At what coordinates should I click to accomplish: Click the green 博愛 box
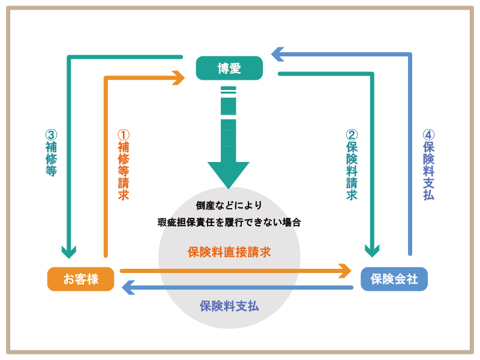229,68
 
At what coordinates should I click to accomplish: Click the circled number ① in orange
123,134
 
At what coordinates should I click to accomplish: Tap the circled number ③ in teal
51,135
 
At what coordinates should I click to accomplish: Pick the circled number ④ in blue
428,135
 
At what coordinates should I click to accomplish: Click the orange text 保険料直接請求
229,252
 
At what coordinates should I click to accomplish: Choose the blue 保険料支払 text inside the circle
229,305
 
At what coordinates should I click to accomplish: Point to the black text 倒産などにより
229,205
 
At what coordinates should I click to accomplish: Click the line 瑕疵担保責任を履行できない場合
229,222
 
